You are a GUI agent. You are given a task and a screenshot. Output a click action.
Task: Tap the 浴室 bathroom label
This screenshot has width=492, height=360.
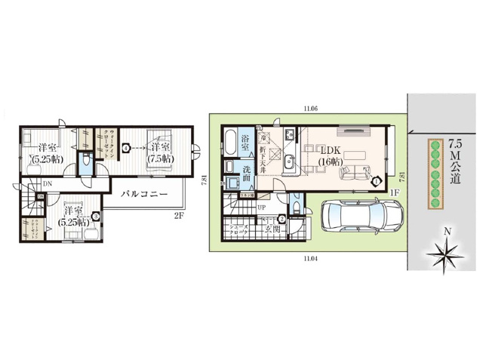point(246,140)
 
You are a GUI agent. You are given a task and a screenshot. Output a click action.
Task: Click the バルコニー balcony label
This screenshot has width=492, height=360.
point(146,192)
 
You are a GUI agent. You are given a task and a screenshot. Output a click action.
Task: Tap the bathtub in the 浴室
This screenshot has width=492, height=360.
point(228,141)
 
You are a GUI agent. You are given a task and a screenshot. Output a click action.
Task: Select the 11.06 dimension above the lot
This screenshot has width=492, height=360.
point(310,109)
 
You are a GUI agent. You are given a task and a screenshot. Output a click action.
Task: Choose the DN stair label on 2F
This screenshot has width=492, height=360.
point(48,184)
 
